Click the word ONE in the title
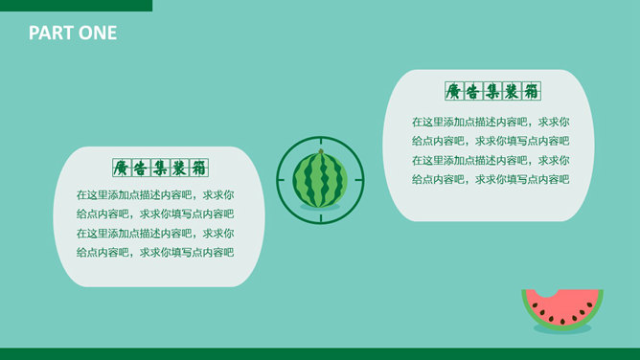(x=98, y=33)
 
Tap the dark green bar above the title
(x=76, y=6)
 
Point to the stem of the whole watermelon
(x=321, y=151)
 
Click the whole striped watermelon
(x=320, y=179)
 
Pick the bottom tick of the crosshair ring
(x=321, y=218)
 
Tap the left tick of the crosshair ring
(x=282, y=180)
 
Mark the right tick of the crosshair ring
(x=359, y=180)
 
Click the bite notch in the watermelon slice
(x=548, y=293)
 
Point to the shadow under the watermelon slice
(x=562, y=329)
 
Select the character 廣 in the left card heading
(x=122, y=168)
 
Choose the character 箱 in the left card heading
(x=199, y=168)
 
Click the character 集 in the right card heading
(x=492, y=91)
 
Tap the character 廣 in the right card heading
(x=454, y=91)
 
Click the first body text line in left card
(x=155, y=195)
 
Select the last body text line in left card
(x=155, y=253)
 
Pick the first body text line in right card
(x=491, y=122)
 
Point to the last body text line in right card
(x=491, y=179)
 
